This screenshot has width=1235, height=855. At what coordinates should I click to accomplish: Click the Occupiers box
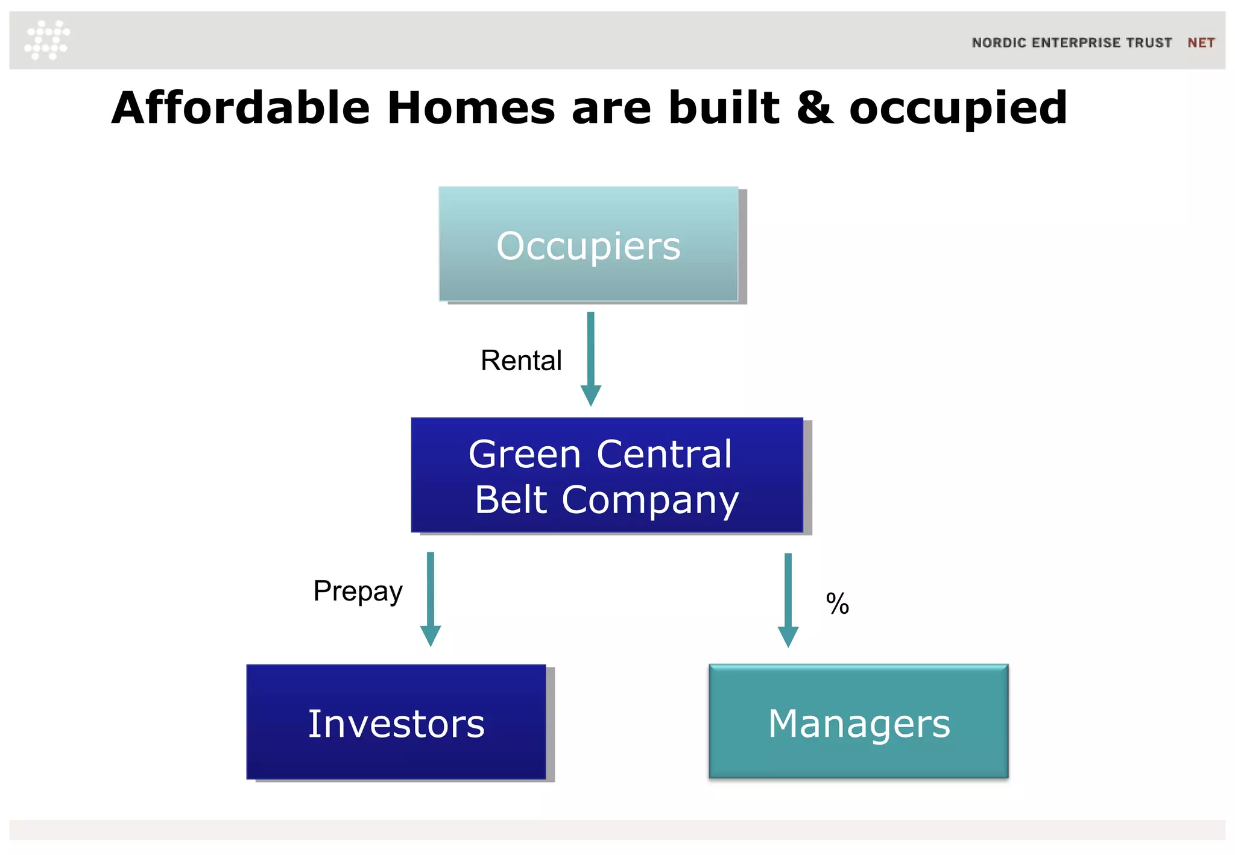pos(589,244)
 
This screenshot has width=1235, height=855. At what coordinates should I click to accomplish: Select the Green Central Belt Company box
pos(607,475)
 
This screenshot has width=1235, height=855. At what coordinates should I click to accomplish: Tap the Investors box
pos(396,722)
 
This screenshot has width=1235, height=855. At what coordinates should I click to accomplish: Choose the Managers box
pos(858,722)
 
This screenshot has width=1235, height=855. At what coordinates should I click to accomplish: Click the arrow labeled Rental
pos(590,359)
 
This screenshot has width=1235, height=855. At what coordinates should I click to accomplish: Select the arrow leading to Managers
pos(788,599)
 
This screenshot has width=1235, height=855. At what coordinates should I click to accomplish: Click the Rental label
pos(521,361)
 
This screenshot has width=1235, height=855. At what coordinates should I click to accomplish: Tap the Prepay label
pos(358,591)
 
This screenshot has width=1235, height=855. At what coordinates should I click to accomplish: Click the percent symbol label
pos(837,604)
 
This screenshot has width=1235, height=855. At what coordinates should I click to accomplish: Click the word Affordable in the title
pos(241,108)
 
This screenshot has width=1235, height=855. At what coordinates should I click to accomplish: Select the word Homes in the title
pos(470,108)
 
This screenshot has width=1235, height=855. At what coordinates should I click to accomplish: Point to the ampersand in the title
pos(815,108)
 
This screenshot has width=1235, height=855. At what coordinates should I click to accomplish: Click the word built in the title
pos(724,108)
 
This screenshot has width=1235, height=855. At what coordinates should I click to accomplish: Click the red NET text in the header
pos(1201,43)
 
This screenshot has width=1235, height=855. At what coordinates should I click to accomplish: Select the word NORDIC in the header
pos(999,43)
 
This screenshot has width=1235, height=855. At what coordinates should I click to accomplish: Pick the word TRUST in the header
pos(1149,43)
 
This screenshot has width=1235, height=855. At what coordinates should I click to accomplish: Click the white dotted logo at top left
pos(47,40)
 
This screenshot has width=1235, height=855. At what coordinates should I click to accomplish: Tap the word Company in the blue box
pos(650,500)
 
